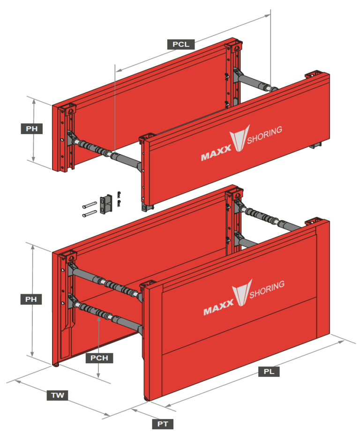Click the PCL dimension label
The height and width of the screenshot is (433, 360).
(180, 44)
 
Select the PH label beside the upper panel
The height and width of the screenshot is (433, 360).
(32, 128)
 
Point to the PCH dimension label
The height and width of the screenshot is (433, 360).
(99, 358)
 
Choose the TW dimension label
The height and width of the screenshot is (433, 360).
(58, 396)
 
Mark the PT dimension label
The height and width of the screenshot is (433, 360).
(163, 424)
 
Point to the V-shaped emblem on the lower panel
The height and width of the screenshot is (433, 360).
(241, 293)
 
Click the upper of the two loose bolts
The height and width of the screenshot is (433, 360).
(89, 205)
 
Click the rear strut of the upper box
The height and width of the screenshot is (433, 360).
(255, 81)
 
